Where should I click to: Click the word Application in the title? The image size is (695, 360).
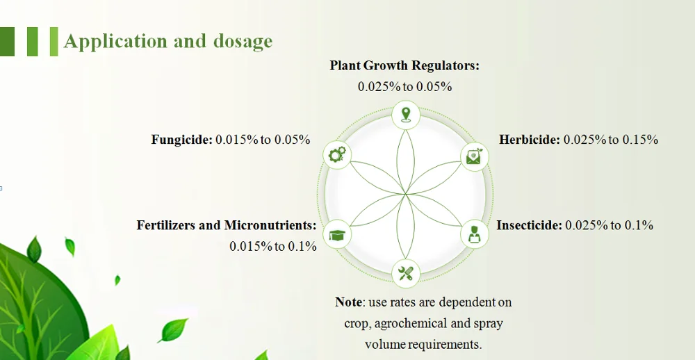tap(115, 41)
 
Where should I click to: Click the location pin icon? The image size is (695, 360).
tap(406, 115)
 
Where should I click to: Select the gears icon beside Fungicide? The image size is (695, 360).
tap(337, 155)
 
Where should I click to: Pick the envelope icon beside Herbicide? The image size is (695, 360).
tap(474, 156)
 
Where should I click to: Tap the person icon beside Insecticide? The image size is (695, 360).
tap(474, 234)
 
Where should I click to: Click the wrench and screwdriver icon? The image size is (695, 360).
tap(406, 272)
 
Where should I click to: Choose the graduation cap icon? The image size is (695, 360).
tap(337, 234)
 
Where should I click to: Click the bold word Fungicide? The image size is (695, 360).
tap(182, 140)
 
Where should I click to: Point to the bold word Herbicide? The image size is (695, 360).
tap(530, 140)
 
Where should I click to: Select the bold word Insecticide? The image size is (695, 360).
tap(529, 225)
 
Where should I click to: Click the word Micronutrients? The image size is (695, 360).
tap(270, 225)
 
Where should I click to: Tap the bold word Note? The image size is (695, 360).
tap(349, 302)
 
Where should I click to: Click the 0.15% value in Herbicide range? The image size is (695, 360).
tap(640, 140)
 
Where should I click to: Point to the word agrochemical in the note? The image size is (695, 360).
tap(411, 324)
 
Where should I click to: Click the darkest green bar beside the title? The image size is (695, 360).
tap(7, 42)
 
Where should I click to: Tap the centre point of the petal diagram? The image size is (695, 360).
tap(406, 194)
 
